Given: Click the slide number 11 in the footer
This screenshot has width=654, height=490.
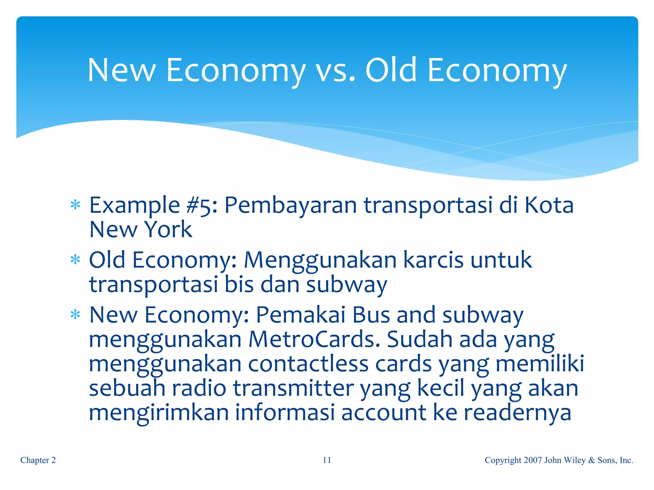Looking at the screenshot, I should pyautogui.click(x=327, y=460).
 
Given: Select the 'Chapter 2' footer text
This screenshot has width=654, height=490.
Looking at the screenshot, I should pyautogui.click(x=38, y=460).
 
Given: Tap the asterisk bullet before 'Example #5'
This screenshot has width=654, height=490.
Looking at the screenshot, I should pyautogui.click(x=75, y=205).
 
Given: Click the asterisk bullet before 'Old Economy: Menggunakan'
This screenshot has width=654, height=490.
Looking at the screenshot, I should pyautogui.click(x=75, y=260).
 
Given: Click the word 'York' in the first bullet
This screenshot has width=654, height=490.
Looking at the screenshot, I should pyautogui.click(x=168, y=229).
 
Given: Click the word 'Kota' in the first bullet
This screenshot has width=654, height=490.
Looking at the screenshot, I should pyautogui.click(x=549, y=205).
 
